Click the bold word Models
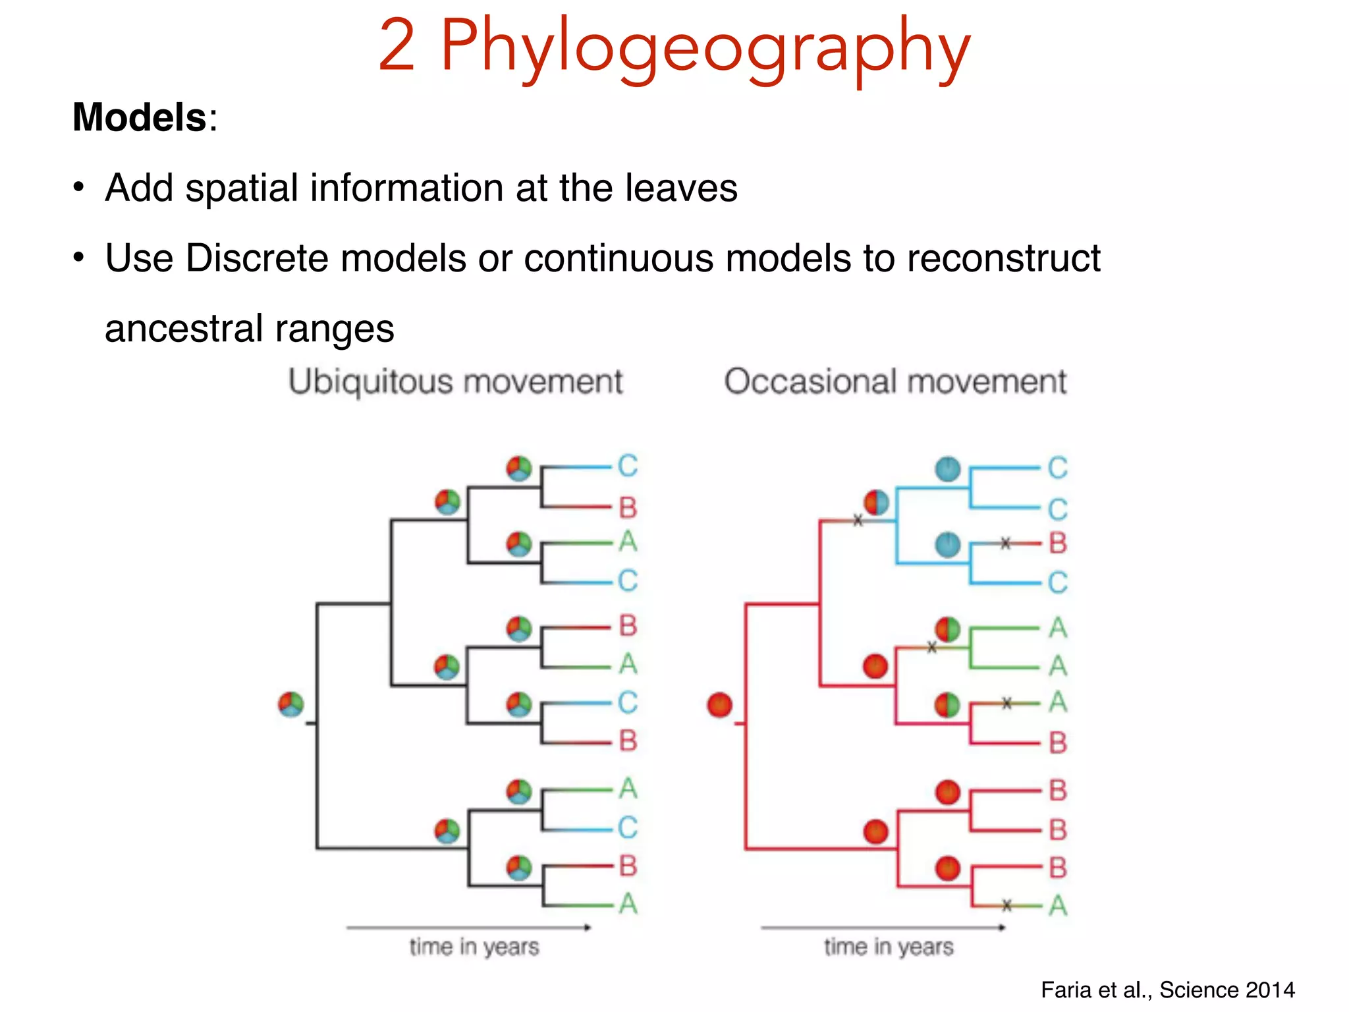tap(140, 117)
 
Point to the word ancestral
tap(182, 328)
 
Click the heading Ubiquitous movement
tap(455, 381)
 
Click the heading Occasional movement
tap(895, 381)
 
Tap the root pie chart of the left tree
tap(290, 704)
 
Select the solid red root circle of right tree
tap(719, 704)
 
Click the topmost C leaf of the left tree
tap(628, 466)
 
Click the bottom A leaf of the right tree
tap(1058, 905)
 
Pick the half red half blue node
tap(876, 503)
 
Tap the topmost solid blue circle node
tap(948, 468)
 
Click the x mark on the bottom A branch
tap(1006, 905)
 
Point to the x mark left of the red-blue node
tap(858, 520)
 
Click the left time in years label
tap(474, 947)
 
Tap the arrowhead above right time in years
tap(1002, 928)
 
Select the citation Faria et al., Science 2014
tap(1167, 990)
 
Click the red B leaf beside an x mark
tap(1058, 544)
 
